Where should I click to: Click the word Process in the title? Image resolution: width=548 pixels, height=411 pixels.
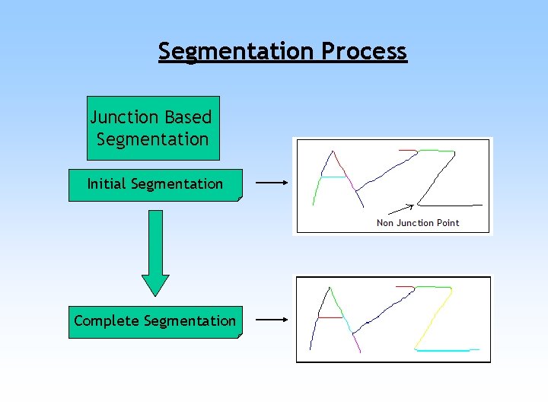pos(364,52)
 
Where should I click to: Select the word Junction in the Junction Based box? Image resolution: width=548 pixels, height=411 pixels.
pos(124,118)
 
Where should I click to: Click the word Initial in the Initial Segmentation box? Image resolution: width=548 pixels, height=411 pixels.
pos(107,184)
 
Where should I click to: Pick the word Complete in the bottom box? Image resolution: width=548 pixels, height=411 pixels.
pos(106,321)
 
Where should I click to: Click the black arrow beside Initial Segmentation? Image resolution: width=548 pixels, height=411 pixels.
pos(270,183)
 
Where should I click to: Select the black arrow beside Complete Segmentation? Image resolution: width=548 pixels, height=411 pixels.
pos(270,320)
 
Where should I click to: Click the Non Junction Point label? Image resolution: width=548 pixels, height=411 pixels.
pos(418,223)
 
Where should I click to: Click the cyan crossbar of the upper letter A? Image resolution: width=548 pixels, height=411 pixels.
pos(333,178)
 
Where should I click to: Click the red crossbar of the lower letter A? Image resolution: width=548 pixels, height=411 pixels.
pos(330,317)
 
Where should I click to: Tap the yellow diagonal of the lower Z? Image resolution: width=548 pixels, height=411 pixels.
pos(432,320)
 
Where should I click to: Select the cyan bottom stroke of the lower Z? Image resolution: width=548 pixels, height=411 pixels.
pos(447,350)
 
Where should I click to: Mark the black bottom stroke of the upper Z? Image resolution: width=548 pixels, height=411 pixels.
pos(451,205)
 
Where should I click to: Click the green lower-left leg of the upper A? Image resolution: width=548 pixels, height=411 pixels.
pos(316,190)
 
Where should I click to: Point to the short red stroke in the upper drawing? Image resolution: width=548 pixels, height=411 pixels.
pos(406,151)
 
